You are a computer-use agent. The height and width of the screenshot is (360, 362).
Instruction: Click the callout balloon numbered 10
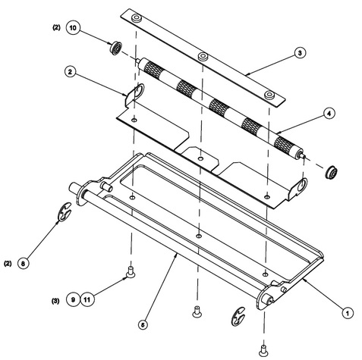pos(73,27)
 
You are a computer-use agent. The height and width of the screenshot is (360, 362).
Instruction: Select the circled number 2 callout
pos(70,72)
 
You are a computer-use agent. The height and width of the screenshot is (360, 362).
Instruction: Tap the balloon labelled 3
pos(300,53)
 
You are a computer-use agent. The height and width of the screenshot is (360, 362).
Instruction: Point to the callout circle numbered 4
pos(329,114)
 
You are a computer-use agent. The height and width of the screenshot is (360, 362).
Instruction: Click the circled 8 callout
pos(23,264)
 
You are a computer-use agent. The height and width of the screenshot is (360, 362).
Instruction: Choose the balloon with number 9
pos(73,299)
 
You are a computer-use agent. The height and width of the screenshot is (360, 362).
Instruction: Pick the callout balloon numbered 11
pos(87,299)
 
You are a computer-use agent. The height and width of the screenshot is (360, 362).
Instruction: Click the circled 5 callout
pos(143,324)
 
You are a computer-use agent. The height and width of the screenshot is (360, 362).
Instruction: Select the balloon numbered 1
pos(348,313)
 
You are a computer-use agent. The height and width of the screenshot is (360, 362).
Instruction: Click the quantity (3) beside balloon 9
pos(55,301)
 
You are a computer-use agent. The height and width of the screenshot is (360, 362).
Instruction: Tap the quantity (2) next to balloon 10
pos(56,27)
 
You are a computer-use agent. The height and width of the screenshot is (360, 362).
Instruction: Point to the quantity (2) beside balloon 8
pos(8,264)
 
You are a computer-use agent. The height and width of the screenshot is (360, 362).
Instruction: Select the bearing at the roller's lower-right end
pos(332,172)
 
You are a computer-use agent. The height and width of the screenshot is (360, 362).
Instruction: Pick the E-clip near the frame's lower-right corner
pos(238,316)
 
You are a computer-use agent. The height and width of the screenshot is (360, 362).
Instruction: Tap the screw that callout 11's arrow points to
pos(131,272)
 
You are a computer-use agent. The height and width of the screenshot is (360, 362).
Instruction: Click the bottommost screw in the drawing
pos(263,351)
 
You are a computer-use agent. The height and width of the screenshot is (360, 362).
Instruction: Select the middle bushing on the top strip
pos(203,56)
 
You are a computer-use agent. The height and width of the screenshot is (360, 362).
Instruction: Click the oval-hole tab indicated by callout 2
pos(135,94)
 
